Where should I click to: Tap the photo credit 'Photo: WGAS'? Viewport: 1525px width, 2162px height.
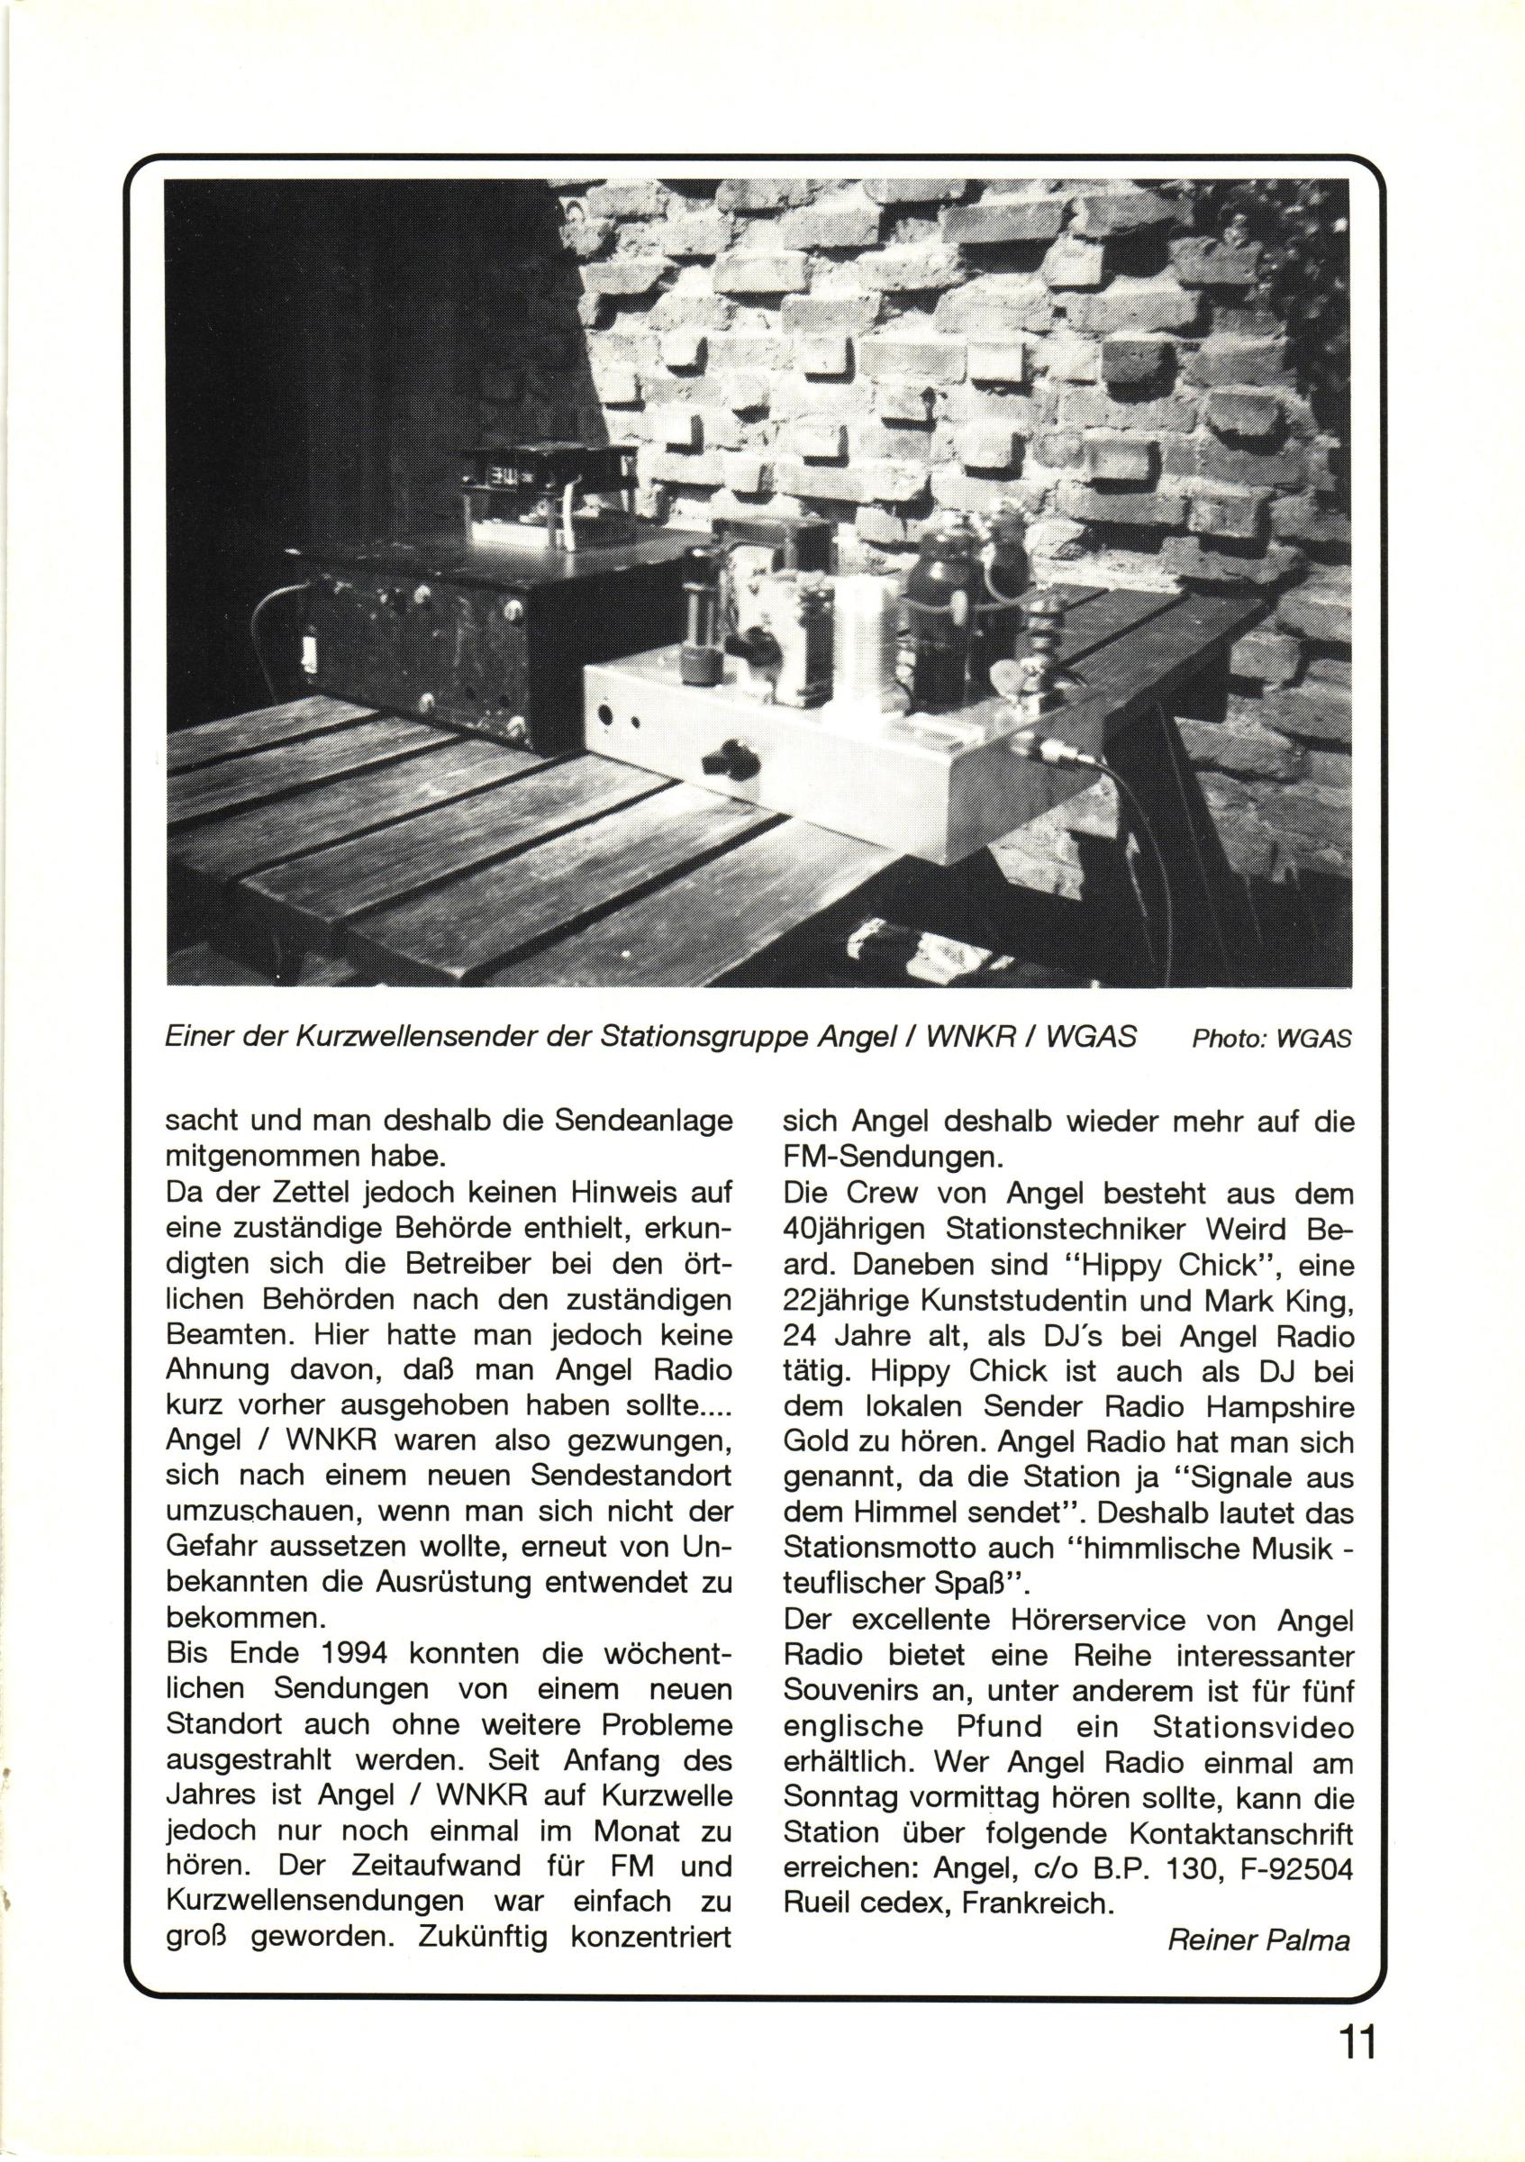click(1271, 1040)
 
